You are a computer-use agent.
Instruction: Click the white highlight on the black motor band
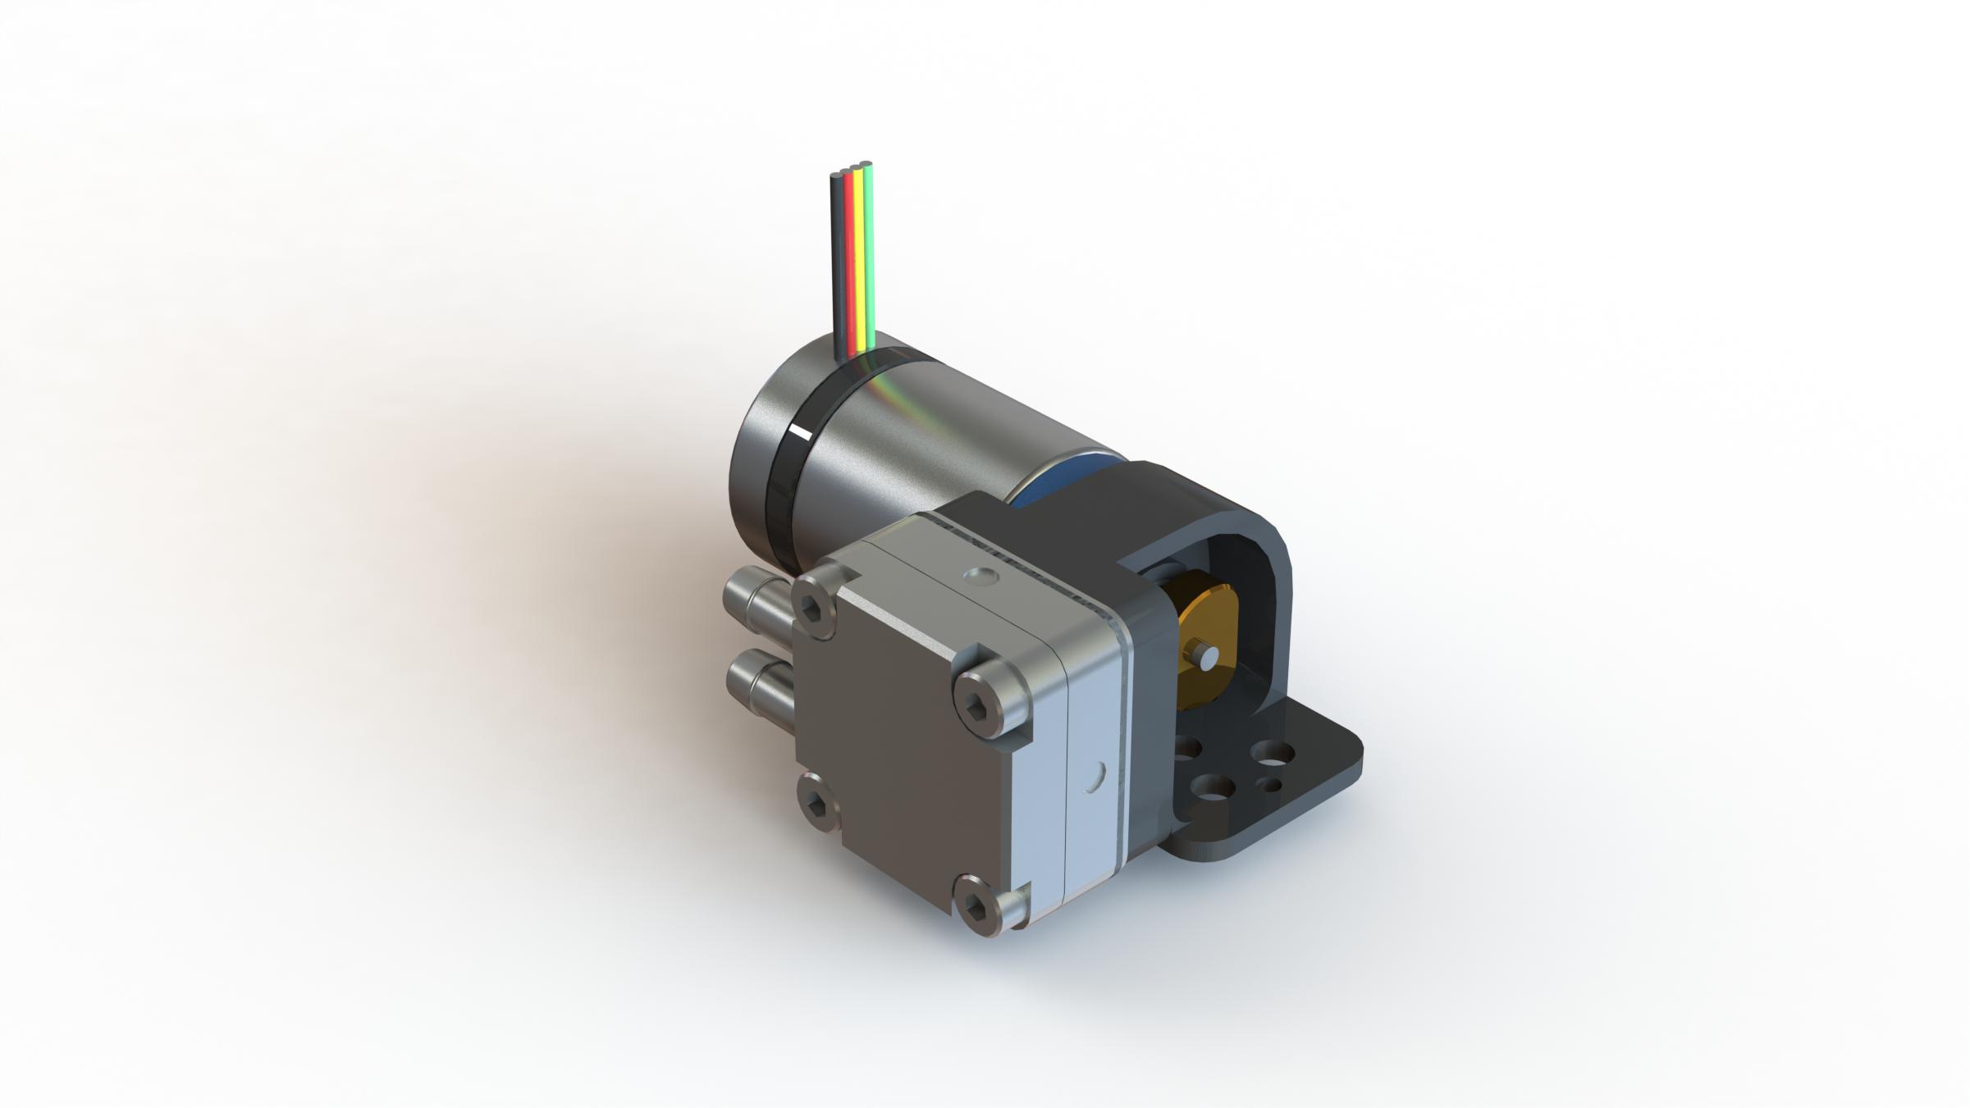pyautogui.click(x=798, y=432)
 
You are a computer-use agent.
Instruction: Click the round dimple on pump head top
pyautogui.click(x=980, y=577)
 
